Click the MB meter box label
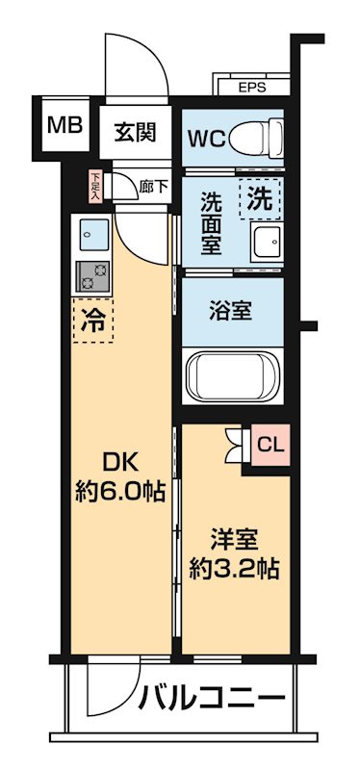(x=64, y=125)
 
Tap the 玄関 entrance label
(x=135, y=131)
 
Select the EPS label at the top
(x=251, y=88)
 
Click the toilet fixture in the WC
(x=256, y=138)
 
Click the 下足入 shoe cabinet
(x=94, y=186)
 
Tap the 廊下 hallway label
(x=154, y=186)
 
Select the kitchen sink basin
(x=93, y=234)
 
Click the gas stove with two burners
(x=93, y=276)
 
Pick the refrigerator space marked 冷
(x=92, y=320)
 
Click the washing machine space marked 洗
(x=259, y=198)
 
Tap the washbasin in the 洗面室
(x=267, y=244)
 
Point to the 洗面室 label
(x=211, y=222)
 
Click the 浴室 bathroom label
(x=230, y=312)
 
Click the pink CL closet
(x=270, y=445)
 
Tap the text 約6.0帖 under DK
(x=119, y=491)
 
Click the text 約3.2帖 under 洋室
(x=234, y=570)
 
